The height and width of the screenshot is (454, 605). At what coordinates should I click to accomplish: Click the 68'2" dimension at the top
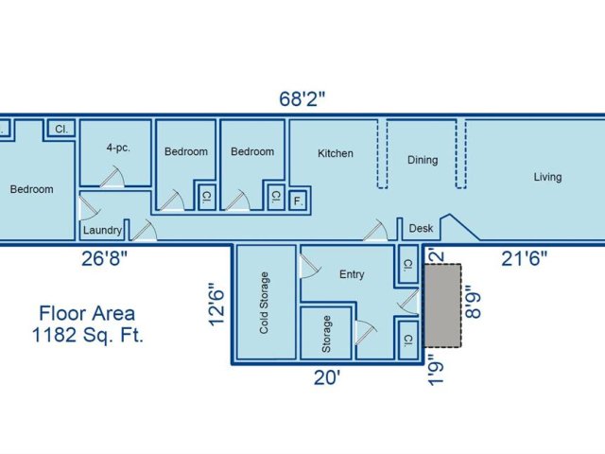pyautogui.click(x=302, y=98)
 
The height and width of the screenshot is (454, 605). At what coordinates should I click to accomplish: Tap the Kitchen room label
pyautogui.click(x=336, y=153)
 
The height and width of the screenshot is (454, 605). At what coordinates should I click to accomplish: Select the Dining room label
pyautogui.click(x=423, y=160)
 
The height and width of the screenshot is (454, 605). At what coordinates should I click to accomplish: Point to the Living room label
pyautogui.click(x=547, y=177)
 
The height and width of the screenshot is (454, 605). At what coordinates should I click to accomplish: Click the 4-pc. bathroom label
pyautogui.click(x=118, y=148)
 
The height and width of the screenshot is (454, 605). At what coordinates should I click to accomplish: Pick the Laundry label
pyautogui.click(x=103, y=230)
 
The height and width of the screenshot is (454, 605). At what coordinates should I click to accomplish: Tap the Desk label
pyautogui.click(x=421, y=228)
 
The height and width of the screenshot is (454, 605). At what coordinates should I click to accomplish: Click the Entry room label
pyautogui.click(x=352, y=274)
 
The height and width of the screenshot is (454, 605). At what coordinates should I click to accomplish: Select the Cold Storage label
pyautogui.click(x=264, y=303)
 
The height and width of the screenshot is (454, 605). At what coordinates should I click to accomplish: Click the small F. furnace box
pyautogui.click(x=298, y=201)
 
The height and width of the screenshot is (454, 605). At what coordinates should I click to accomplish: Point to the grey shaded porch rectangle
pyautogui.click(x=443, y=306)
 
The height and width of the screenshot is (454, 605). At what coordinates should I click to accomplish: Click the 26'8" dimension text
pyautogui.click(x=104, y=258)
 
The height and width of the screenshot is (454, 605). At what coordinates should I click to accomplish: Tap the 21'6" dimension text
pyautogui.click(x=524, y=258)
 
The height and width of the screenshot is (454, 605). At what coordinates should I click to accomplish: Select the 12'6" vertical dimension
pyautogui.click(x=216, y=305)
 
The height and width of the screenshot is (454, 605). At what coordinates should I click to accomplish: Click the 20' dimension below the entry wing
pyautogui.click(x=327, y=377)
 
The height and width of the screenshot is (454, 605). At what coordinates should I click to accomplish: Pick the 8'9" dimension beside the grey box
pyautogui.click(x=473, y=302)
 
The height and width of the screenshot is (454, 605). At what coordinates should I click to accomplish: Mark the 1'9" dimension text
pyautogui.click(x=437, y=370)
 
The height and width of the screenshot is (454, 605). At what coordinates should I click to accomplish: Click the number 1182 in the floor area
pyautogui.click(x=54, y=335)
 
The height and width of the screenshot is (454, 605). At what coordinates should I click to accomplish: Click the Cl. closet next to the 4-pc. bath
pyautogui.click(x=60, y=129)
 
